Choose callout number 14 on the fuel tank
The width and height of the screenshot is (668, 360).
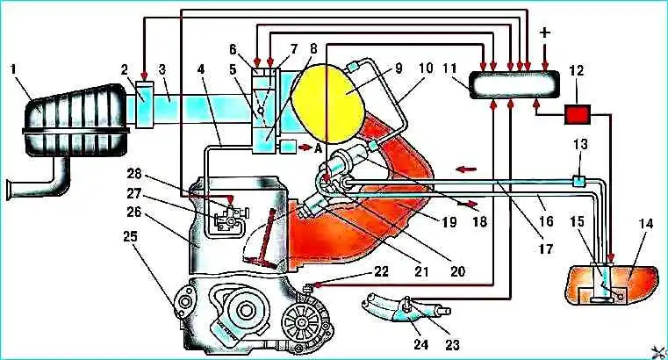pos(648,224)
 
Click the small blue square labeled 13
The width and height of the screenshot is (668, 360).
pos(578,181)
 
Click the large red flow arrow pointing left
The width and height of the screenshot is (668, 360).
pos(465,165)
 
